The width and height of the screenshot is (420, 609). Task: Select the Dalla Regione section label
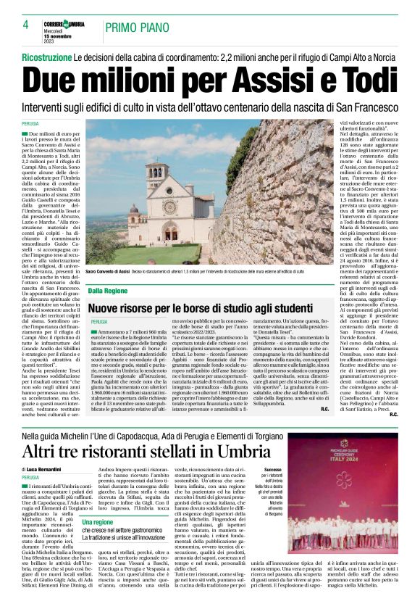108,291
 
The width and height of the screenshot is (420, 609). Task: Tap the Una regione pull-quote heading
98,522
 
